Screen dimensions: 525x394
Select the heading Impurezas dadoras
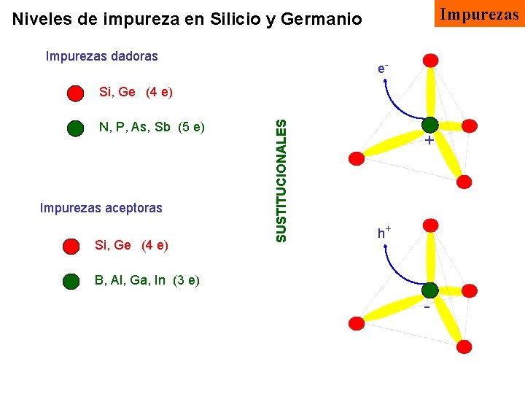click(101, 56)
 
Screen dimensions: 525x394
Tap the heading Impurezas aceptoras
click(101, 208)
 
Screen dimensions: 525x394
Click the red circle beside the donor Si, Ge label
click(75, 93)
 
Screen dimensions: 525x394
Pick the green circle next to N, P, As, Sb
click(75, 128)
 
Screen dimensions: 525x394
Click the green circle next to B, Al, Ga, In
click(71, 281)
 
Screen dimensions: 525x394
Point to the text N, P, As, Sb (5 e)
click(152, 128)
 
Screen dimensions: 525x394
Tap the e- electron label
click(382, 69)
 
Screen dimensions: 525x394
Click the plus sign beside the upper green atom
click(429, 141)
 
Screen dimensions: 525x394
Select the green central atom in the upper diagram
click(429, 125)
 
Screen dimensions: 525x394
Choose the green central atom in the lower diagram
click(429, 290)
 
